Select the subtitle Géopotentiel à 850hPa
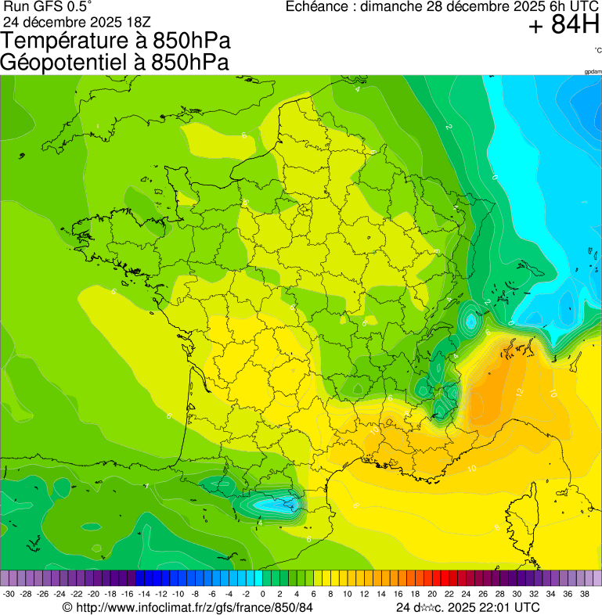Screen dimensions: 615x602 [115, 63]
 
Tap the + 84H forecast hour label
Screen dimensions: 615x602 [563, 26]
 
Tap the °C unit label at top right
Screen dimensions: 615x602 [597, 50]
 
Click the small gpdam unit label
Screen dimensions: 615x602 [593, 71]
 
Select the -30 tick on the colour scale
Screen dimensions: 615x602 [9, 595]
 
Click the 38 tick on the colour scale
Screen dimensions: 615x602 [584, 595]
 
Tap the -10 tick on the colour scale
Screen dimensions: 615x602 [178, 595]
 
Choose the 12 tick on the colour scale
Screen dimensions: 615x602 [364, 595]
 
